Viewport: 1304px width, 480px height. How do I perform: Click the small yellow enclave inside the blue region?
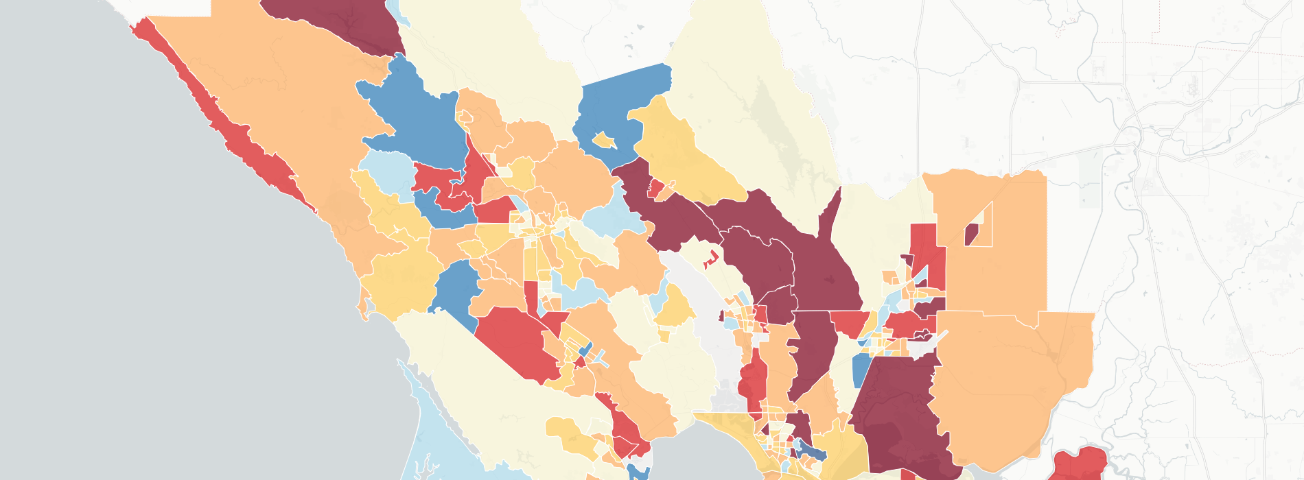[604, 141]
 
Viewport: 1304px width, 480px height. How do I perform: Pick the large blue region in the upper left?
[412, 110]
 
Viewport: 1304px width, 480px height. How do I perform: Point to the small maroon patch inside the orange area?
[970, 235]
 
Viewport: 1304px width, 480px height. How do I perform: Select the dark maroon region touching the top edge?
[336, 21]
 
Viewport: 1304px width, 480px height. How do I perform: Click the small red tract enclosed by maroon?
[656, 187]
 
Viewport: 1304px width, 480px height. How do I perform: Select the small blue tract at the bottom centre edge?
[638, 472]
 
